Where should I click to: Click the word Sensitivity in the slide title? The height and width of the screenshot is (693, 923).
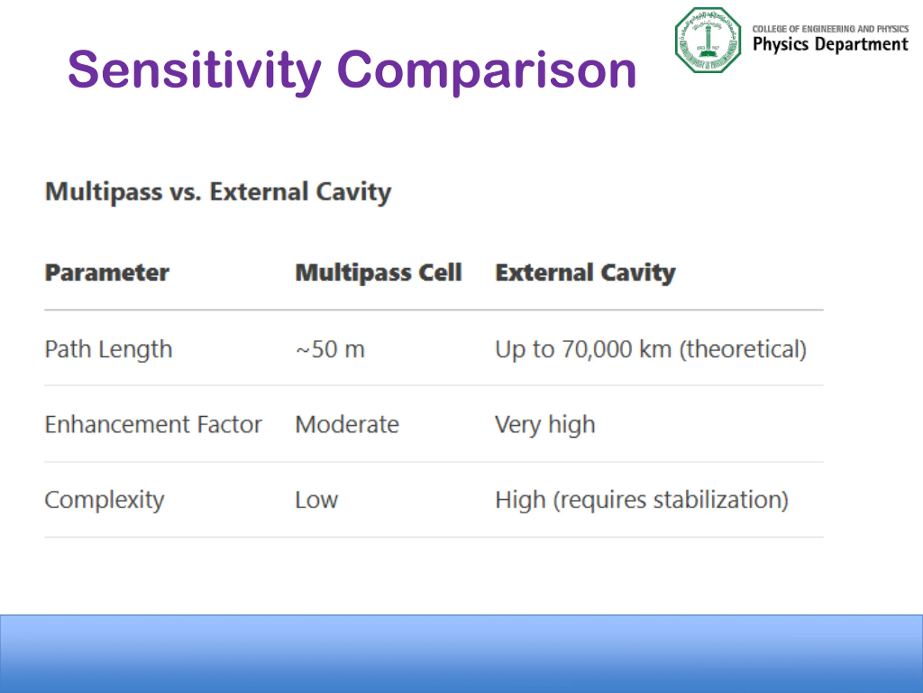[194, 70]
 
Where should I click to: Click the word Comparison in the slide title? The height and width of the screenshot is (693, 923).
[486, 70]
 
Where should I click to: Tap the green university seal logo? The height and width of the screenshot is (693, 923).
[708, 40]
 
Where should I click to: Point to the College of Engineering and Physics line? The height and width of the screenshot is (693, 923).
[830, 29]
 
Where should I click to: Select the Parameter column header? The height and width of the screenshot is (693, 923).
[107, 273]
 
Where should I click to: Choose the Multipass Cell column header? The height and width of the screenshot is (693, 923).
[379, 273]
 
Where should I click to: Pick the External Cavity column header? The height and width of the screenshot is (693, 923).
[586, 273]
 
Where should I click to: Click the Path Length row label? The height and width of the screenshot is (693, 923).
[109, 350]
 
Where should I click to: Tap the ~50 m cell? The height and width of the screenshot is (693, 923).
[330, 350]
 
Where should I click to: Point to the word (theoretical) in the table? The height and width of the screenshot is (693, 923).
[743, 350]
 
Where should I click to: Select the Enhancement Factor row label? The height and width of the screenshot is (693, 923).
[153, 425]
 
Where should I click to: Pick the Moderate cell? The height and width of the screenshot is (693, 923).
[347, 425]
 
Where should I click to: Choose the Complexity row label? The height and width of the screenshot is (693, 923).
[104, 500]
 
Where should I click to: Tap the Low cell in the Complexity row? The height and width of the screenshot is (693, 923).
[317, 500]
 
